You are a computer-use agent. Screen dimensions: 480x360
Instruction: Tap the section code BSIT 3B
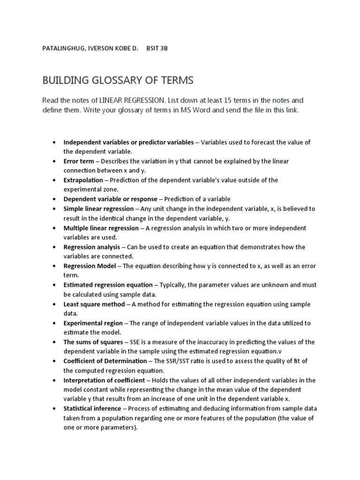pyautogui.click(x=157, y=49)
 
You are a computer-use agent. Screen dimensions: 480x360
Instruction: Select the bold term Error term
pyautogui.click(x=79, y=161)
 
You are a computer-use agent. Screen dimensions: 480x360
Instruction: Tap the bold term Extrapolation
pyautogui.click(x=83, y=180)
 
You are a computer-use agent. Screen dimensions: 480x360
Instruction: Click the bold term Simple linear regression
pyautogui.click(x=99, y=209)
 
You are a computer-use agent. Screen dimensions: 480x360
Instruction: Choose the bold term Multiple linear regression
pyautogui.click(x=101, y=228)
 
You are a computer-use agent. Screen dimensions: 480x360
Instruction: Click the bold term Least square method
pyautogui.click(x=94, y=304)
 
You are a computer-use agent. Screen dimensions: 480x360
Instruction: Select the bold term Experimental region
pyautogui.click(x=93, y=323)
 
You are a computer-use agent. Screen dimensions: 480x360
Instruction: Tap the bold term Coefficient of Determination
pyautogui.click(x=105, y=361)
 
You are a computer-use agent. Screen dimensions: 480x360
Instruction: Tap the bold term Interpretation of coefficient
pyautogui.click(x=104, y=380)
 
